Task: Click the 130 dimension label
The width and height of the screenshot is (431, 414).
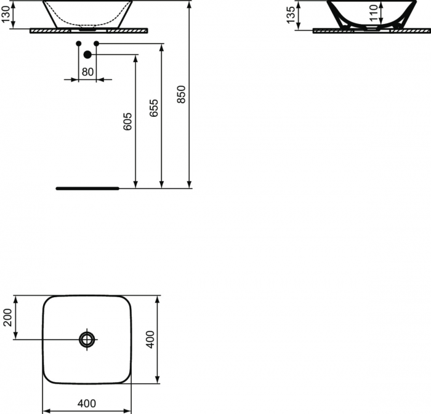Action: [6, 14]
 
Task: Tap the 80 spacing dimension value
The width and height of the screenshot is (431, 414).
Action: [87, 72]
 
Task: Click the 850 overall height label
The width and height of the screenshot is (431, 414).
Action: [181, 94]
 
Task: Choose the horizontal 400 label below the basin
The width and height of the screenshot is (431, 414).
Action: [87, 404]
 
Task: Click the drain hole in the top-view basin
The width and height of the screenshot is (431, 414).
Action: [87, 340]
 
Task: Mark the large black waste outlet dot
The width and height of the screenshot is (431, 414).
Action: [87, 55]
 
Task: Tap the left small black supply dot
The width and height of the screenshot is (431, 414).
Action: [78, 43]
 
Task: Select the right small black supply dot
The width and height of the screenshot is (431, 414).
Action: [96, 43]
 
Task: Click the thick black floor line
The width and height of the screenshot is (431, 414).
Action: [87, 188]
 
